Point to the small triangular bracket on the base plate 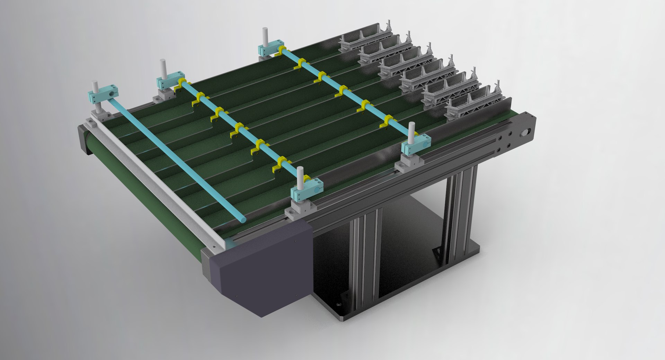point(437,252)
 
